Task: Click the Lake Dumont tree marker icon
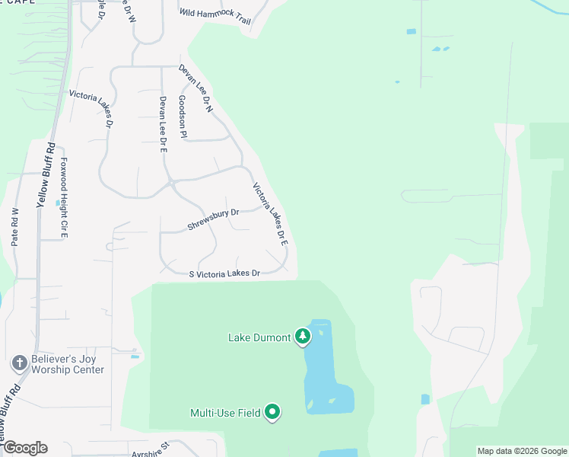click(x=303, y=336)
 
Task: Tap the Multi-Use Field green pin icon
click(x=272, y=413)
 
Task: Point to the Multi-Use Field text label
click(x=225, y=414)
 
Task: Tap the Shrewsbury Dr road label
click(x=213, y=219)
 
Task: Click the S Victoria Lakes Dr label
click(x=224, y=273)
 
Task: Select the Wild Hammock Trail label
click(x=215, y=16)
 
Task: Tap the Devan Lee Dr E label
click(x=163, y=125)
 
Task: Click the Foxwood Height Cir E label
click(x=64, y=197)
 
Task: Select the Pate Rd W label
click(x=15, y=226)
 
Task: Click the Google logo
click(x=24, y=448)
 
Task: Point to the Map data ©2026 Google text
click(x=521, y=451)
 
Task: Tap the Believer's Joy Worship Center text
click(x=68, y=364)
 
